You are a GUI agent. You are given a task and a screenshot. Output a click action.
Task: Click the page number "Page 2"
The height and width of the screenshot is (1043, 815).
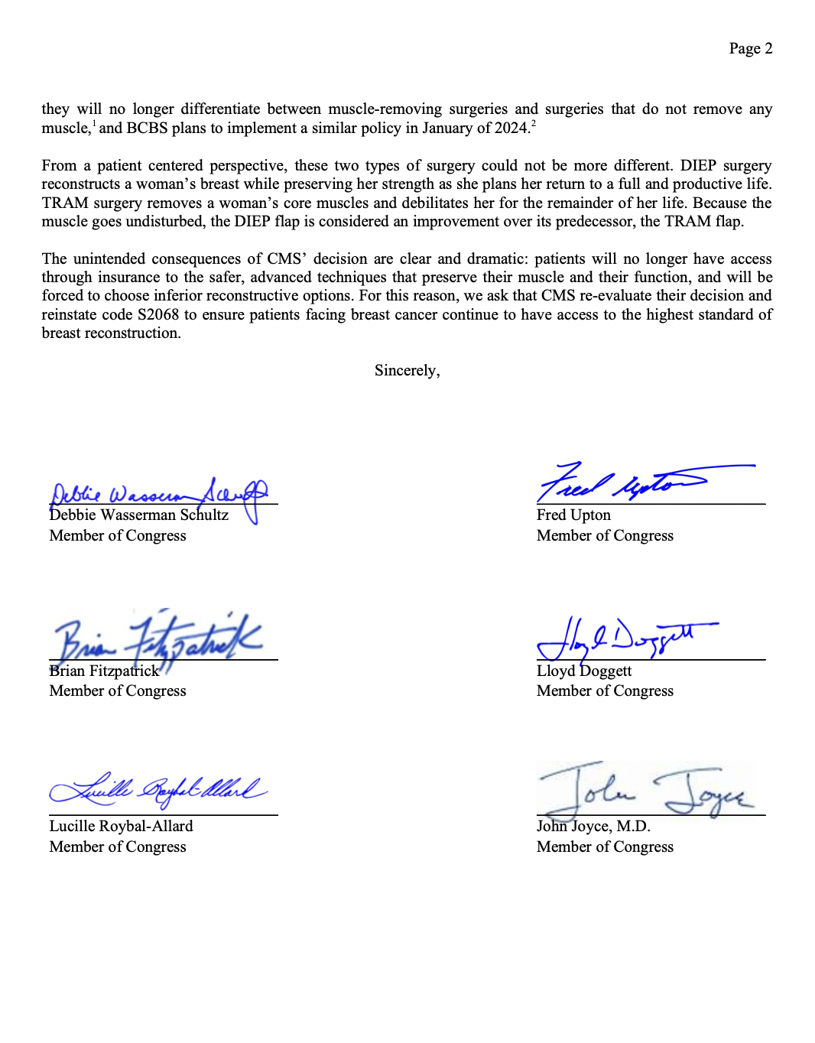[x=750, y=49]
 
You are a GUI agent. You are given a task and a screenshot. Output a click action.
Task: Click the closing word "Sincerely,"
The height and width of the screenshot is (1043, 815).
[x=407, y=371]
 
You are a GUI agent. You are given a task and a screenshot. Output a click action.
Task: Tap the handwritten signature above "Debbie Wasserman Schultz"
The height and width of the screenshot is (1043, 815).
[x=159, y=496]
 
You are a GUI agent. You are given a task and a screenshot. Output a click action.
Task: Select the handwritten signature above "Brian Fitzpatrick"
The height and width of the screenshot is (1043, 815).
[x=157, y=640]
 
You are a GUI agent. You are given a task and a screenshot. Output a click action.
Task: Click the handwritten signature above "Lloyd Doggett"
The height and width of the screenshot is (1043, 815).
[x=619, y=639]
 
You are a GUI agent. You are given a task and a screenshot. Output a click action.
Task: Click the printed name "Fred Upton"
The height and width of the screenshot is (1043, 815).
[x=573, y=515]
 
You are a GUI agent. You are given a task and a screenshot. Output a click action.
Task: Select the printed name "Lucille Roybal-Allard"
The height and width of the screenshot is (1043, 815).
[x=121, y=827]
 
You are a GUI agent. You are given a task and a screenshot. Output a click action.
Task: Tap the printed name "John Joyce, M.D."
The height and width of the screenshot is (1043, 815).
[x=593, y=827]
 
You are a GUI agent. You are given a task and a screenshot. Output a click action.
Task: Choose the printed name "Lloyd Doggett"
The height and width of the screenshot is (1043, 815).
[x=584, y=671]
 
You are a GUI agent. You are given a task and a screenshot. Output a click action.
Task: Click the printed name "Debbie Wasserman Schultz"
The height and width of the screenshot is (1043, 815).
[x=138, y=515]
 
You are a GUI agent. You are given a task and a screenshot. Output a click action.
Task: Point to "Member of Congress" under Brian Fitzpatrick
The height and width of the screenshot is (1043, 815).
[x=118, y=691]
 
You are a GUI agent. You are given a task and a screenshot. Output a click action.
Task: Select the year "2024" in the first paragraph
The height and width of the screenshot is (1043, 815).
[x=511, y=128]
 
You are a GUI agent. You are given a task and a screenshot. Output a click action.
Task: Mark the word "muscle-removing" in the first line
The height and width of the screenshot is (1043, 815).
[x=385, y=109]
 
